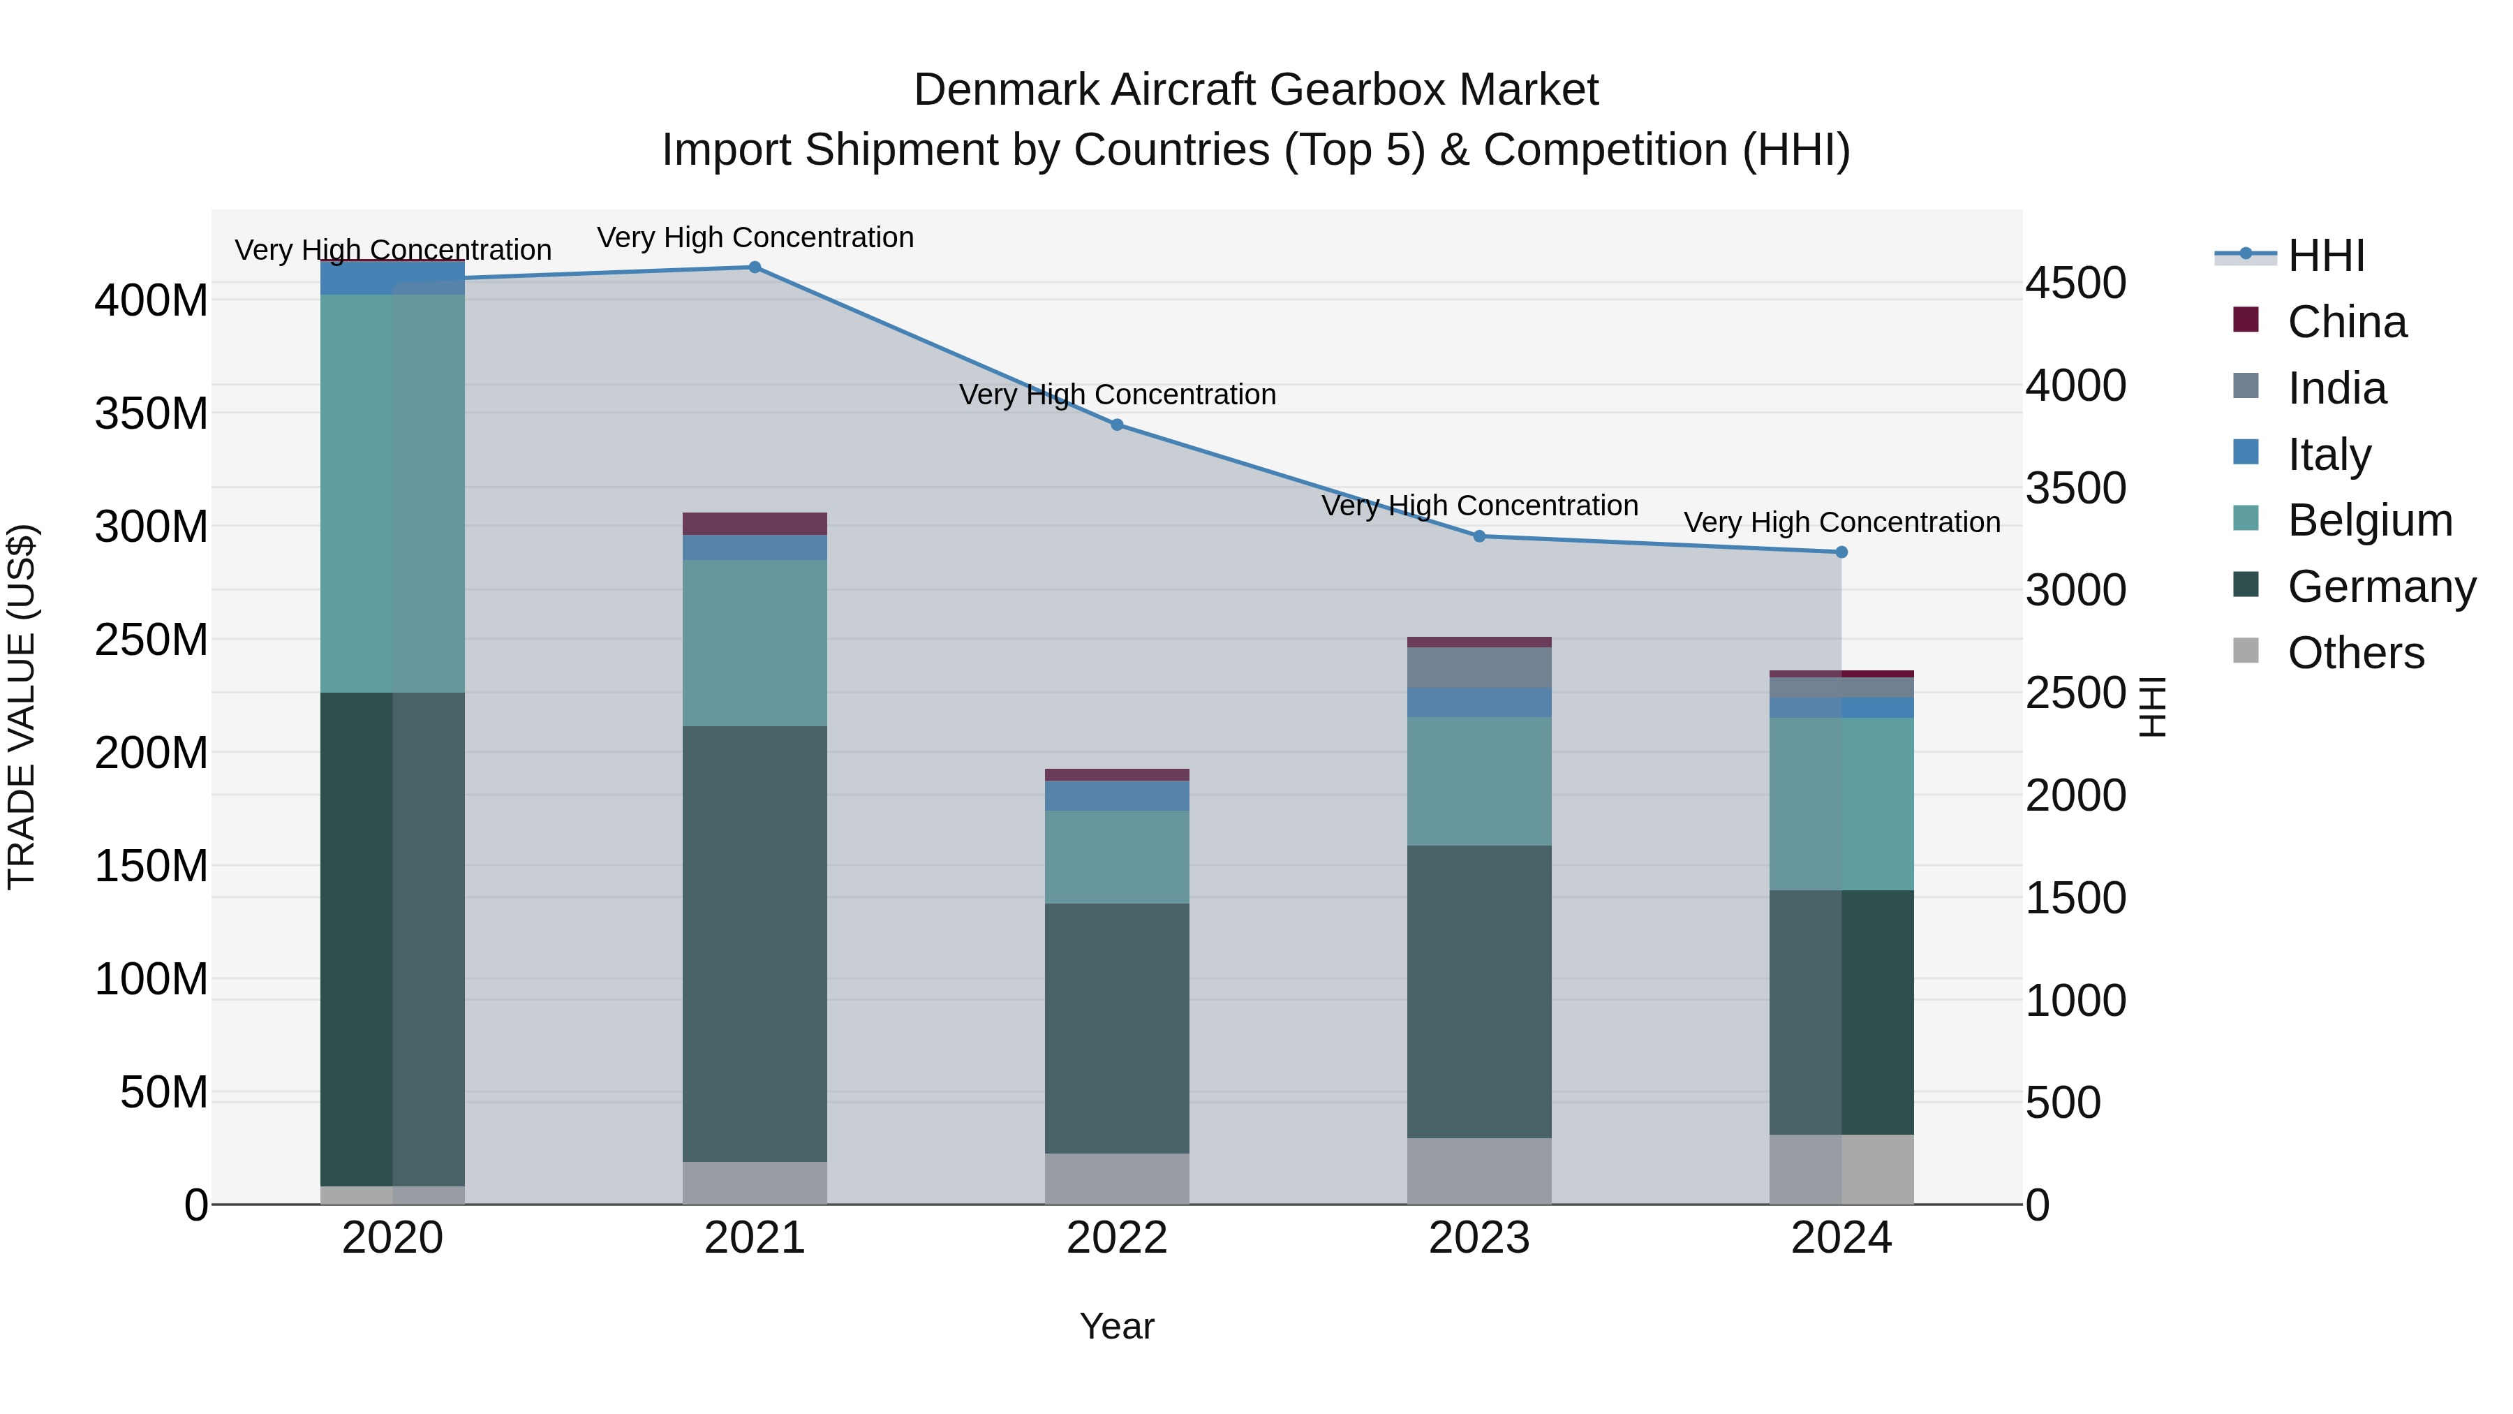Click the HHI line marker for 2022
[1117, 425]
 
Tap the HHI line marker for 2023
[1479, 536]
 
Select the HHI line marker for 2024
[1841, 552]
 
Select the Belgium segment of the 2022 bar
[1117, 857]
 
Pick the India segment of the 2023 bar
[1479, 668]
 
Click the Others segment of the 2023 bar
[1479, 1170]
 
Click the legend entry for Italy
[2329, 455]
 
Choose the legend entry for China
[2346, 322]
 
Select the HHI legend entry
[2326, 256]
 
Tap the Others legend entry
[2355, 653]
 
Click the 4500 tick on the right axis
[2076, 283]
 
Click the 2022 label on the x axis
[1117, 1238]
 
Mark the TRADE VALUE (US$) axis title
[22, 707]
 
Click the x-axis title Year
[1117, 1326]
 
